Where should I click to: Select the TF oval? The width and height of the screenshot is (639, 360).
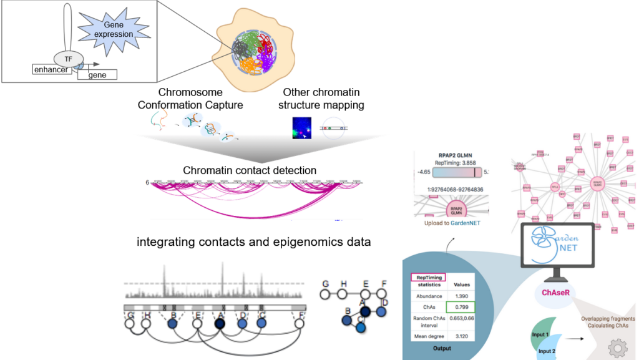[66, 59]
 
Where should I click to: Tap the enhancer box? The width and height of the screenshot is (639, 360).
[51, 69]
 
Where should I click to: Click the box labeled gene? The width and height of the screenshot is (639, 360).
[97, 75]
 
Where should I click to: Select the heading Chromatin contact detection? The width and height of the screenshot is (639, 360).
[250, 170]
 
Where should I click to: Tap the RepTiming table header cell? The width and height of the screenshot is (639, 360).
[427, 278]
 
